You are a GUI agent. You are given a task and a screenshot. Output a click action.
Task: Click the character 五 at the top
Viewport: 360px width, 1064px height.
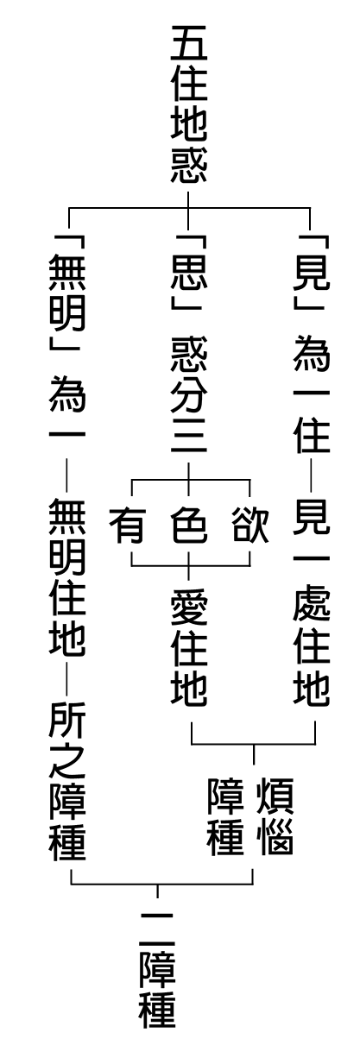click(x=188, y=43)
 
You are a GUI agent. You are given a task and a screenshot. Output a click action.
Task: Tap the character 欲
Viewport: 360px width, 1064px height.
click(x=250, y=526)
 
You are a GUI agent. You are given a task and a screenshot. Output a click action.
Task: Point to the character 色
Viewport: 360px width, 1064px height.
click(x=189, y=526)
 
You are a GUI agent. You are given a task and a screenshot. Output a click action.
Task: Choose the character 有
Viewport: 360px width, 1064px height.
click(x=127, y=526)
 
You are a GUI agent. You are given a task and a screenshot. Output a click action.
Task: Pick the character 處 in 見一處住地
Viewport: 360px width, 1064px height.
click(x=311, y=607)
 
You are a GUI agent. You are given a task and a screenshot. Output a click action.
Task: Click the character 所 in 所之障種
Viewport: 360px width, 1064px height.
click(x=67, y=721)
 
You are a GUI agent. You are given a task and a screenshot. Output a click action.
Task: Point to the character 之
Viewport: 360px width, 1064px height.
click(x=67, y=762)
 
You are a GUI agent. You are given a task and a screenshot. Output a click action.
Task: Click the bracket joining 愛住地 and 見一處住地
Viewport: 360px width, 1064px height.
click(x=253, y=744)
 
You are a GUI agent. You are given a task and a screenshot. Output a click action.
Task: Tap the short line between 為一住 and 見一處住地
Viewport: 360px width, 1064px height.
click(x=311, y=475)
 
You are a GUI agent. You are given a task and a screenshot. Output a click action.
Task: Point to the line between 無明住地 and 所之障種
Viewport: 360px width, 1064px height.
click(x=67, y=680)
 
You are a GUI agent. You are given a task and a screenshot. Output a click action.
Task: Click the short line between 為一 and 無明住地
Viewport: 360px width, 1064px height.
click(x=67, y=475)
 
